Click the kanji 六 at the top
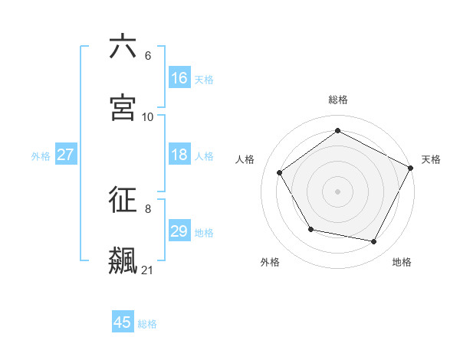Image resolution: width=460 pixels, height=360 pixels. (123, 47)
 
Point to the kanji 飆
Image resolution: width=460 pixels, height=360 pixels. (123, 260)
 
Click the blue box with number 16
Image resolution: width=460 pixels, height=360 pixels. (179, 77)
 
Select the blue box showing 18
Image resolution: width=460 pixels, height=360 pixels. (179, 155)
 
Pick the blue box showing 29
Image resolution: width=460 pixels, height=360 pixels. (179, 231)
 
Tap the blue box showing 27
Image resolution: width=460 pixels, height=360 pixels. (65, 155)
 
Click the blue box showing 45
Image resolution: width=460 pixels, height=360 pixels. (123, 322)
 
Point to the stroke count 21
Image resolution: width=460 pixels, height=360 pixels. (147, 270)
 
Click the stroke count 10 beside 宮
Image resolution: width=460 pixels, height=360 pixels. (148, 116)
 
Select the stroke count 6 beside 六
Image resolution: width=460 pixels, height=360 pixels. (148, 56)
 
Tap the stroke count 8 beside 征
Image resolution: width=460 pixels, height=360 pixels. (148, 208)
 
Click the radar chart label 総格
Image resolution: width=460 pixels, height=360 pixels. (338, 100)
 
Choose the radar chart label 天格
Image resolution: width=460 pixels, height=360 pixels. (431, 159)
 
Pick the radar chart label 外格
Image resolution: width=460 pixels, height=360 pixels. (270, 262)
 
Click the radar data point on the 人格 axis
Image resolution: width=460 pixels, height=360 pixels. (280, 173)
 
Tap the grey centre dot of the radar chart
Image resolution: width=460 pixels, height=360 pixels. (338, 191)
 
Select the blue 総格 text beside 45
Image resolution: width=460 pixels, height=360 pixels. (147, 323)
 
